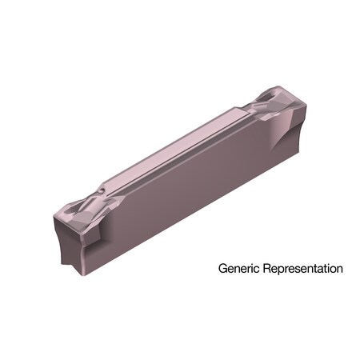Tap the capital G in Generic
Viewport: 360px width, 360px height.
click(x=224, y=269)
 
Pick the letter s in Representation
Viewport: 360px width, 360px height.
click(x=302, y=270)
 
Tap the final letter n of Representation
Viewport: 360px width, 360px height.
click(x=339, y=270)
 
